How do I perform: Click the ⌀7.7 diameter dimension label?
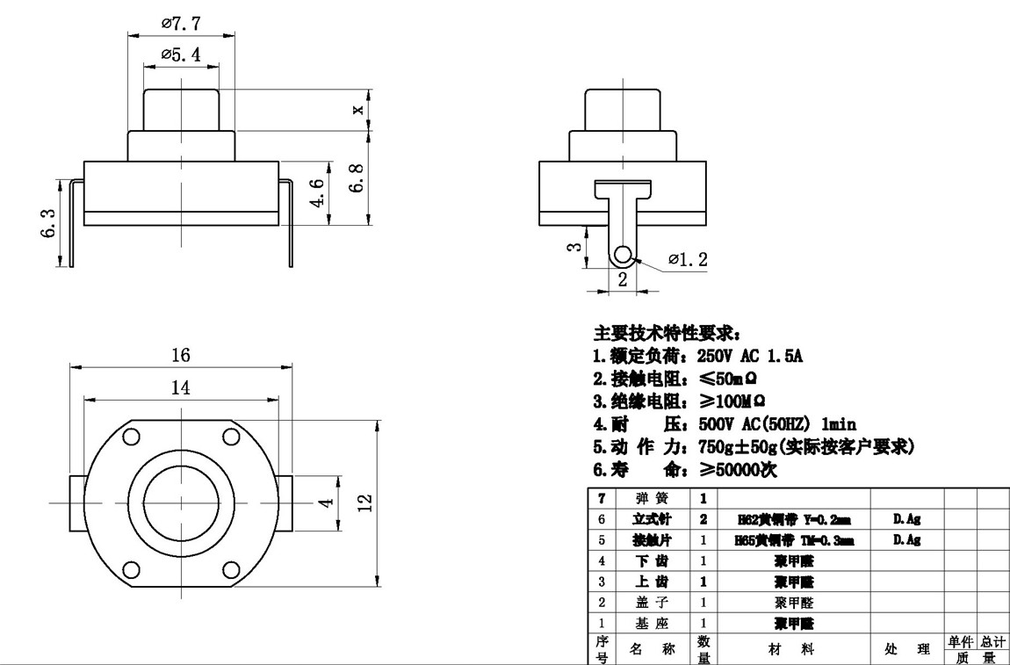pos(182,24)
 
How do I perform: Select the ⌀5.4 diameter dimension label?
pos(181,54)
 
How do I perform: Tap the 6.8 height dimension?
pos(357,180)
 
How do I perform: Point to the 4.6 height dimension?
pos(317,192)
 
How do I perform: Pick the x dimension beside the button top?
pos(357,110)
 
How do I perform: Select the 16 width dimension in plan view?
pos(181,355)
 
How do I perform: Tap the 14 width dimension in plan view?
pos(181,387)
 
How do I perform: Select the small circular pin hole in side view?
pos(623,255)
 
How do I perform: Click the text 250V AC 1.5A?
pos(750,357)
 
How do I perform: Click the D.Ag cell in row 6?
pos(906,519)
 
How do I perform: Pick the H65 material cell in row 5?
pos(793,541)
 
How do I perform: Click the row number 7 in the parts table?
pos(602,498)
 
